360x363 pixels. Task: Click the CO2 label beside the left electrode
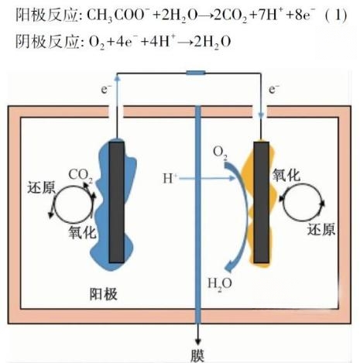point(81,176)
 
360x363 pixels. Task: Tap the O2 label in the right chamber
point(220,152)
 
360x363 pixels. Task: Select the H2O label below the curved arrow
point(220,284)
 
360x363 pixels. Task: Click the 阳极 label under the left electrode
point(104,294)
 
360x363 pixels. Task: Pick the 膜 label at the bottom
point(197,356)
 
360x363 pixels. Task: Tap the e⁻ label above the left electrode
point(106,89)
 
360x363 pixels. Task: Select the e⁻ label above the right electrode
point(274,89)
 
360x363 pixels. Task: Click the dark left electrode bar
point(117,202)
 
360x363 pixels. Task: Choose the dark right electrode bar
point(261,202)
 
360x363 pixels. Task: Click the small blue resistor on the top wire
point(196,73)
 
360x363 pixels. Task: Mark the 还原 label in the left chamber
point(41,187)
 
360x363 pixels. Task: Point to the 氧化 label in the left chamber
point(82,231)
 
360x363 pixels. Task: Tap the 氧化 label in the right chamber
point(286,175)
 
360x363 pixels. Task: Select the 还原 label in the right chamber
point(321,229)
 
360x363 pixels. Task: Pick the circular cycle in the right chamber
point(283,202)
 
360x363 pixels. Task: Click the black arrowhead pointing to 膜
point(198,341)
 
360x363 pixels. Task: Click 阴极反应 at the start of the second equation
point(46,42)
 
